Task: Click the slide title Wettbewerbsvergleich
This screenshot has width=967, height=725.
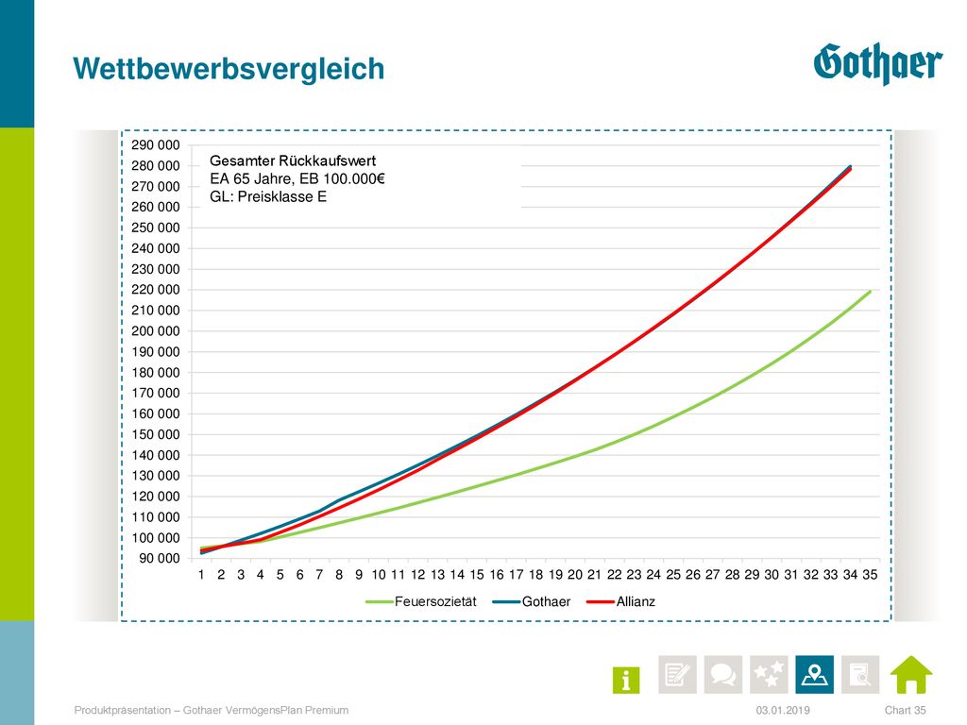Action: (229, 69)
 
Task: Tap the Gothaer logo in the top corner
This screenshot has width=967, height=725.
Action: (877, 63)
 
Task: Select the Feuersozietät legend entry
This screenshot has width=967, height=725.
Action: (421, 601)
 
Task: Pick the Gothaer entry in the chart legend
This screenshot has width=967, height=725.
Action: (532, 601)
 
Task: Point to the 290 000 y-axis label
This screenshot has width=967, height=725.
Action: (156, 144)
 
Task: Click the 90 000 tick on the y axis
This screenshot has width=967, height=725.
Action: (159, 559)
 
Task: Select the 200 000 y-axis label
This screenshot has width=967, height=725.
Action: (156, 331)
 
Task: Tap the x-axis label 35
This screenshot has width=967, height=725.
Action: (870, 575)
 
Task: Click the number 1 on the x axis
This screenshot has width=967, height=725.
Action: (201, 575)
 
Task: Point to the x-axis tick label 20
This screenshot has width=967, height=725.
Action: (575, 575)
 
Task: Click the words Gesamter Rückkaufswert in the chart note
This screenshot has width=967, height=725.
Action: (293, 160)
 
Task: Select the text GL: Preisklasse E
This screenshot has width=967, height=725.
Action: (268, 196)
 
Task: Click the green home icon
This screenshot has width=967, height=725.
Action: (911, 674)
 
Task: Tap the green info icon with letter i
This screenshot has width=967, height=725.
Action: (626, 680)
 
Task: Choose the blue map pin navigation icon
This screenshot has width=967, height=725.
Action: (814, 674)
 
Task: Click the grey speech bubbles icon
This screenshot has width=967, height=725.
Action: (722, 674)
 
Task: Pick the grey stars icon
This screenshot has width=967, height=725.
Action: (769, 674)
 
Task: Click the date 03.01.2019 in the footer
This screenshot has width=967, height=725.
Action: (783, 710)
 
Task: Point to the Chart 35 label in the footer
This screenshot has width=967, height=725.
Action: (906, 710)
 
